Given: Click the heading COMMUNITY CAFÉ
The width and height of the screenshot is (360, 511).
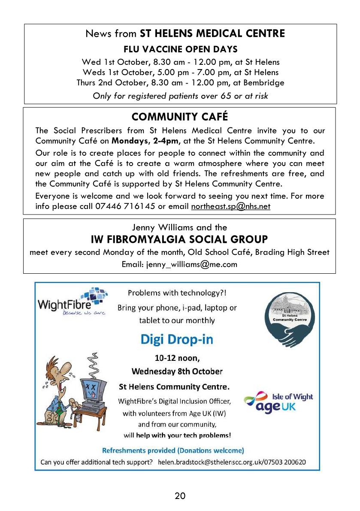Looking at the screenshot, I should [180, 117].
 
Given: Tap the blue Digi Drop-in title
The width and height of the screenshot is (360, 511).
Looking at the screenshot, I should [176, 339].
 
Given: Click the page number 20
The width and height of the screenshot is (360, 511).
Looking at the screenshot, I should [180, 496].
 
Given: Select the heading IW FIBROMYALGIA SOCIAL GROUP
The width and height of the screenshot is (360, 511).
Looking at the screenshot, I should [179, 239].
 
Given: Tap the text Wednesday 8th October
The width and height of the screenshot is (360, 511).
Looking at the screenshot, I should [177, 371].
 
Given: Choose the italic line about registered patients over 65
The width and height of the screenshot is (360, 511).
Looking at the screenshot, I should [180, 96].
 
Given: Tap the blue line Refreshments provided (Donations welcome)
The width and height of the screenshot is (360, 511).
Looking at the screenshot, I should [173, 450].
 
